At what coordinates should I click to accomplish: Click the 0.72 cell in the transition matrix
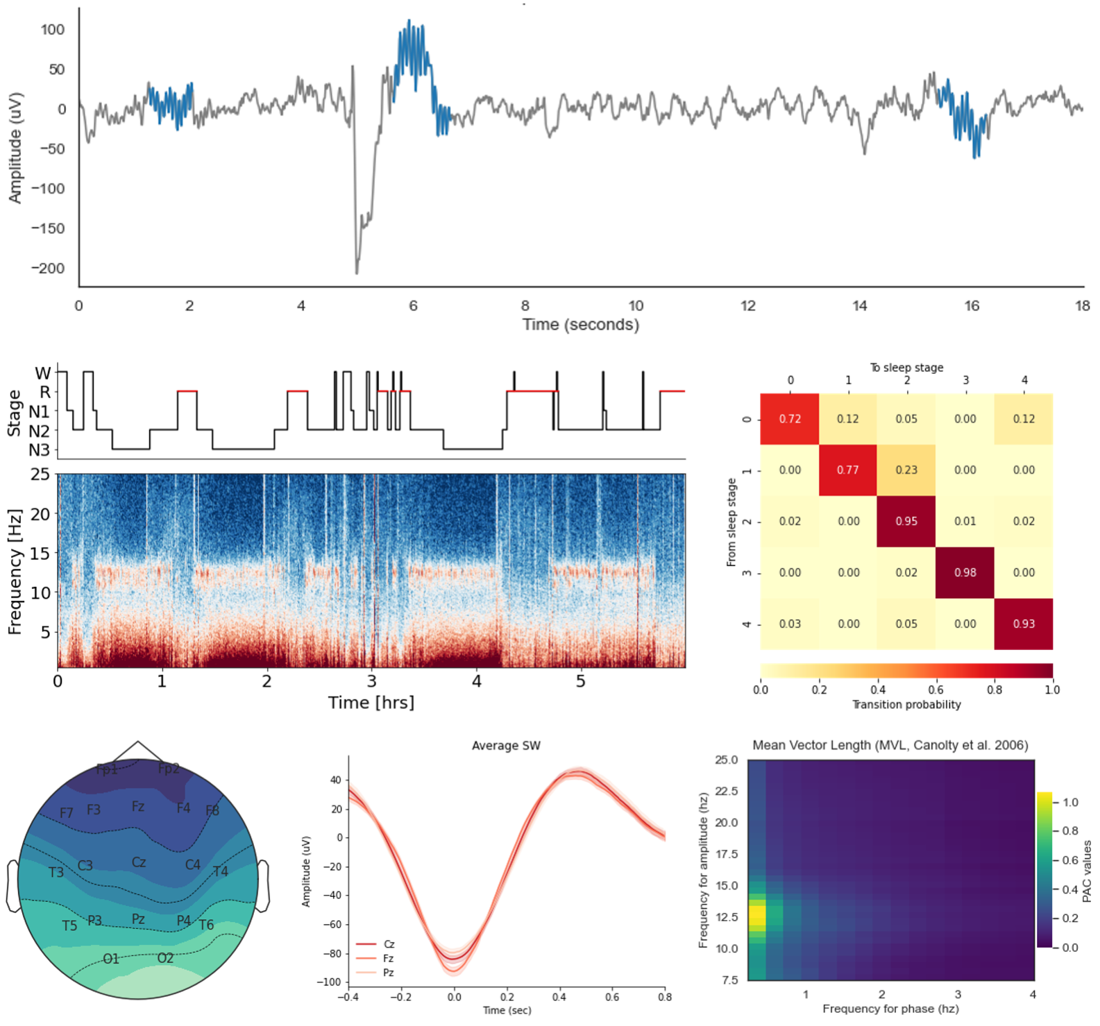(x=790, y=419)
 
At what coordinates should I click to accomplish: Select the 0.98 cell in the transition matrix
(x=965, y=572)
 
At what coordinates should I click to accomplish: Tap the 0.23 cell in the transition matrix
(x=906, y=470)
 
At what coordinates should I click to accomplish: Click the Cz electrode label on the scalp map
(x=139, y=862)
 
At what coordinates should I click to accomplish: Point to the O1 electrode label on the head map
(x=111, y=959)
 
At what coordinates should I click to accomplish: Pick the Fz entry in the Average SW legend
(x=389, y=958)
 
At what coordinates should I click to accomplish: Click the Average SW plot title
(x=506, y=746)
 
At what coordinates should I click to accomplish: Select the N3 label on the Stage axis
(x=40, y=450)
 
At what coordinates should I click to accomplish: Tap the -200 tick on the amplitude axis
(x=48, y=268)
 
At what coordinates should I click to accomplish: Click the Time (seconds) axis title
(x=581, y=325)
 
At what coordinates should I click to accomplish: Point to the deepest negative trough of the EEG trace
(x=357, y=272)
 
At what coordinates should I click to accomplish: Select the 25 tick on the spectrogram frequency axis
(x=40, y=474)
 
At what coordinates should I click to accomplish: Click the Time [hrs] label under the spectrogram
(x=371, y=703)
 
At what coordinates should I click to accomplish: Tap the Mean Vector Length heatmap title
(x=890, y=745)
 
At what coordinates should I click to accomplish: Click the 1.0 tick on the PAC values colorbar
(x=1070, y=803)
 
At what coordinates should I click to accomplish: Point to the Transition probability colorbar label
(x=906, y=705)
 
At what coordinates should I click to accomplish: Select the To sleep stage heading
(x=906, y=368)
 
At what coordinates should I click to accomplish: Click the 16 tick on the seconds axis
(x=972, y=306)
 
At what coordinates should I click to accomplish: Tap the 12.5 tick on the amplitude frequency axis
(x=727, y=917)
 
